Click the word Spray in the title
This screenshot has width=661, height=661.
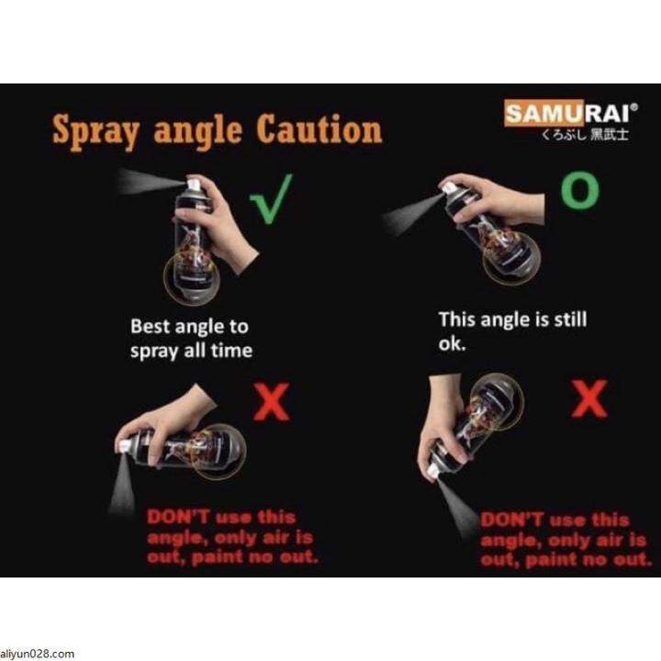[95, 131]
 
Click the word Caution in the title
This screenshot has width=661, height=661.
[319, 129]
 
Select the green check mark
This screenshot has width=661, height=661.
[271, 198]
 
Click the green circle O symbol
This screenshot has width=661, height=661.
[580, 192]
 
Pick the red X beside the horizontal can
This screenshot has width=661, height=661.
[272, 401]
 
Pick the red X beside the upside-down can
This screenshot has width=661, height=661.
[589, 398]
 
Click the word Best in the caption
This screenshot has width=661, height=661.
[150, 326]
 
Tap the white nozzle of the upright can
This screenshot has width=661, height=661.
[193, 184]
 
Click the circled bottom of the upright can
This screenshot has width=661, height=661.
[191, 278]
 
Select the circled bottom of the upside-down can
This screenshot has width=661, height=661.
[497, 400]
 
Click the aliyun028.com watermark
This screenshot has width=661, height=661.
[37, 654]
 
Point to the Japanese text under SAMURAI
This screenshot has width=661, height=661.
[586, 134]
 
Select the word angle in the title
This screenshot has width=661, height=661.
[197, 132]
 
